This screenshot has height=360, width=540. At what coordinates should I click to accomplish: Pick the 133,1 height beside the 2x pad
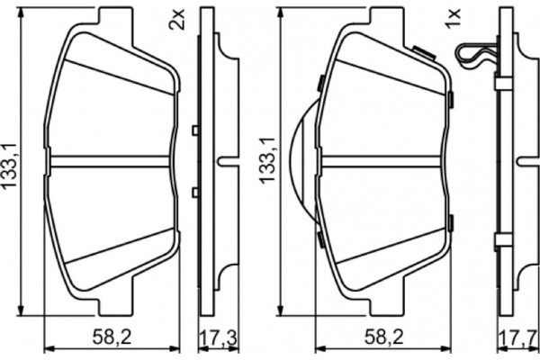[13, 162]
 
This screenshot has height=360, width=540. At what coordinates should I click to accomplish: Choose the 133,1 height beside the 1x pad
[267, 162]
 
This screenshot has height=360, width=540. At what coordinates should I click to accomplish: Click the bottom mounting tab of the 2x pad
[113, 306]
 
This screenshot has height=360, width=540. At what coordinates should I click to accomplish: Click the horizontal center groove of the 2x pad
[112, 162]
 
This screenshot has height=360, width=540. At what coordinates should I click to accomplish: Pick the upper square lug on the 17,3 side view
[195, 132]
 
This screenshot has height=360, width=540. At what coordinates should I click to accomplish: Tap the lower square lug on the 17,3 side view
[195, 192]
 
